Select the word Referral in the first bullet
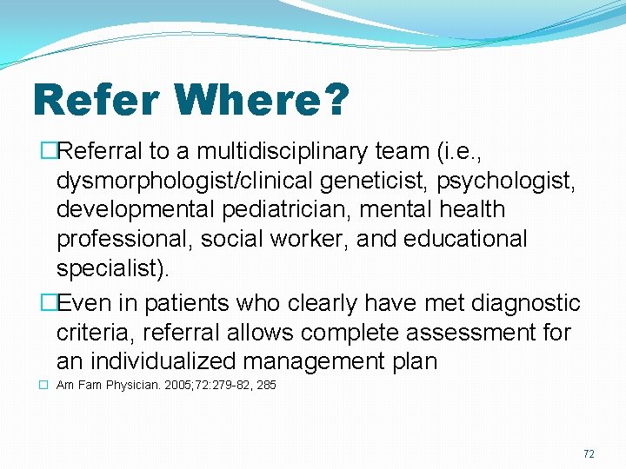[101, 152]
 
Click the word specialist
[110, 268]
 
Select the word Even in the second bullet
[80, 304]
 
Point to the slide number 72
[589, 454]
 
